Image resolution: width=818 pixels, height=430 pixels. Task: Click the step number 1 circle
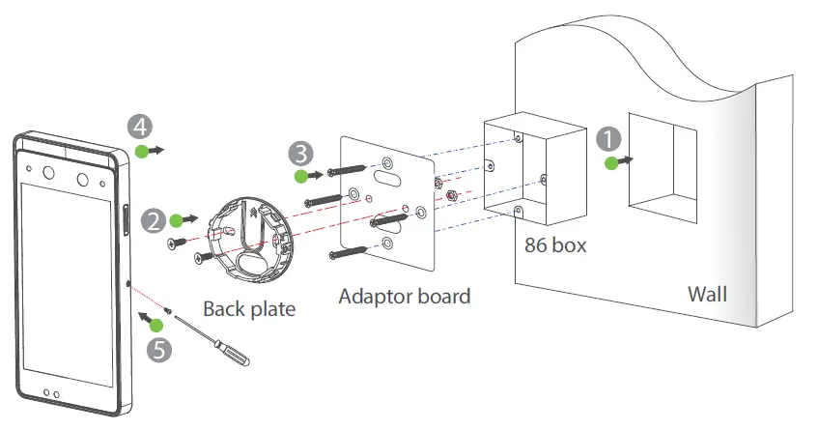[x=607, y=139]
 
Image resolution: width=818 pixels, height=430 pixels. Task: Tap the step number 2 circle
[x=154, y=220]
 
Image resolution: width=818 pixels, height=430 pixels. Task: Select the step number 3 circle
[x=301, y=153]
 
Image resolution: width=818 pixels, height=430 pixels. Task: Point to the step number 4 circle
[x=139, y=126]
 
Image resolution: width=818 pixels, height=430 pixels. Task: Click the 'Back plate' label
[x=248, y=309]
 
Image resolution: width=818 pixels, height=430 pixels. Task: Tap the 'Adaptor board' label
[x=405, y=296]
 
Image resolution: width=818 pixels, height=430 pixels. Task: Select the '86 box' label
[x=554, y=245]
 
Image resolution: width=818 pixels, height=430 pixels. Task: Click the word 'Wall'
[x=708, y=292]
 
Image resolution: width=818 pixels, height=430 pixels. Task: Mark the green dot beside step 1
[x=610, y=163]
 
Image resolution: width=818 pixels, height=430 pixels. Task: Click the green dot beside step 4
[x=141, y=151]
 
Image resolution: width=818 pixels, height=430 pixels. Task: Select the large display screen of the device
[x=70, y=289]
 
